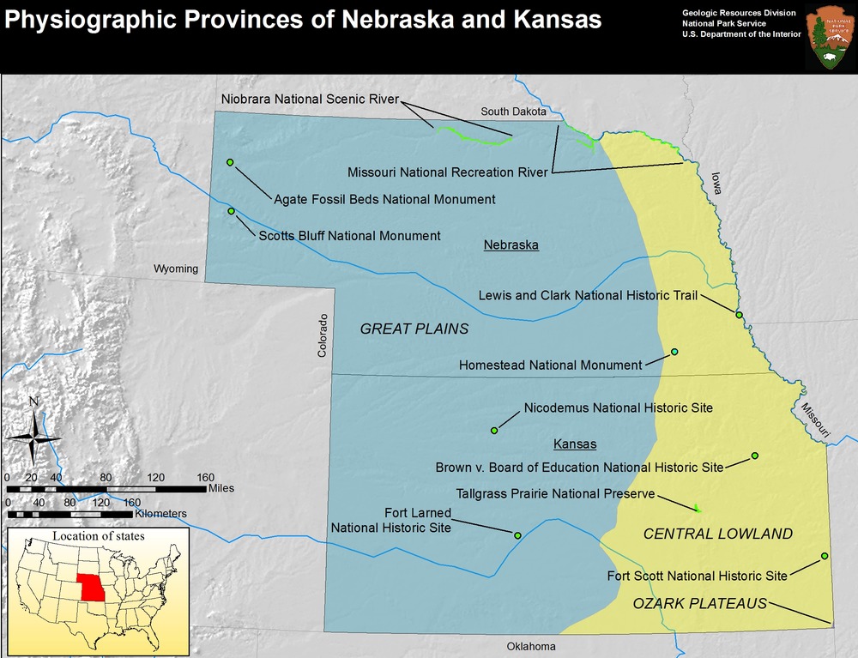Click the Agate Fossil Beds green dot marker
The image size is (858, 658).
click(230, 162)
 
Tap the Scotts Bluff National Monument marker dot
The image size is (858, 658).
click(230, 211)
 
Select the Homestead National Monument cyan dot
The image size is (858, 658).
click(674, 352)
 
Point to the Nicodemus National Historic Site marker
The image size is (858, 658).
click(494, 430)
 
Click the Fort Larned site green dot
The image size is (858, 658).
click(517, 535)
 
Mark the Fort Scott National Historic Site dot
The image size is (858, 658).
click(825, 557)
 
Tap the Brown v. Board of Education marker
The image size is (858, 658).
click(755, 456)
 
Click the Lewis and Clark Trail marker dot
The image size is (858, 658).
click(739, 315)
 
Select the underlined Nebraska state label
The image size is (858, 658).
click(511, 245)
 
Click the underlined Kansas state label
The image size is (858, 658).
click(575, 444)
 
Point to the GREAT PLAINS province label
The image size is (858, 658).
click(414, 329)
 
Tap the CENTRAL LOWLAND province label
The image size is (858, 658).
click(718, 534)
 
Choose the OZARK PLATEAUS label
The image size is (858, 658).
click(699, 604)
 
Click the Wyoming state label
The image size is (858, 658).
click(176, 269)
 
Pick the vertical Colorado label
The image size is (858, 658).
click(323, 335)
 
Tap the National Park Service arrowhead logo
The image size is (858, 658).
click(829, 36)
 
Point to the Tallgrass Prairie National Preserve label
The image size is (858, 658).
click(556, 494)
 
